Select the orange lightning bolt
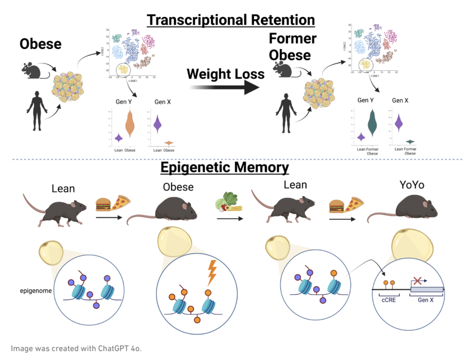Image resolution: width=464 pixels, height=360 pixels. point(211,273)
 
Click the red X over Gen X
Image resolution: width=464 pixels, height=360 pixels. point(418,281)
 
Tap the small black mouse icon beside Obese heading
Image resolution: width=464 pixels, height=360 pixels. point(34,70)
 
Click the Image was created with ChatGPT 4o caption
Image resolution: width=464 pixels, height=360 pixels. point(76,348)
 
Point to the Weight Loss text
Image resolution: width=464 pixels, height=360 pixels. point(225,74)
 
